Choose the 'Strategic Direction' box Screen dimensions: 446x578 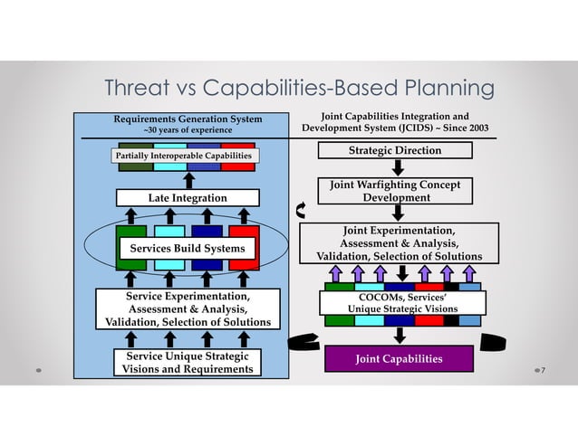(396, 150)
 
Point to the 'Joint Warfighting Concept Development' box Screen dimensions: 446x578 (396, 191)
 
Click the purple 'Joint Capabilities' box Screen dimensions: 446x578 (399, 359)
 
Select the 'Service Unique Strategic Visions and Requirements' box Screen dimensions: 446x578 (188, 362)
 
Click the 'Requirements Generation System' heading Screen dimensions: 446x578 (188, 119)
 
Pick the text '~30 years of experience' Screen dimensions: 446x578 (188, 130)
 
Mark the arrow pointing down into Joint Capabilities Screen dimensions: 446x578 (399, 335)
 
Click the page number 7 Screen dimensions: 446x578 (544, 371)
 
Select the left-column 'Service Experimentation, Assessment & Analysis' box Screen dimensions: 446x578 (188, 308)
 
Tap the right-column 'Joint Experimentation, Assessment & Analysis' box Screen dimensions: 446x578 (398, 243)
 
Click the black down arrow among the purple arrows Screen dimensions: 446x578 (402, 273)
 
